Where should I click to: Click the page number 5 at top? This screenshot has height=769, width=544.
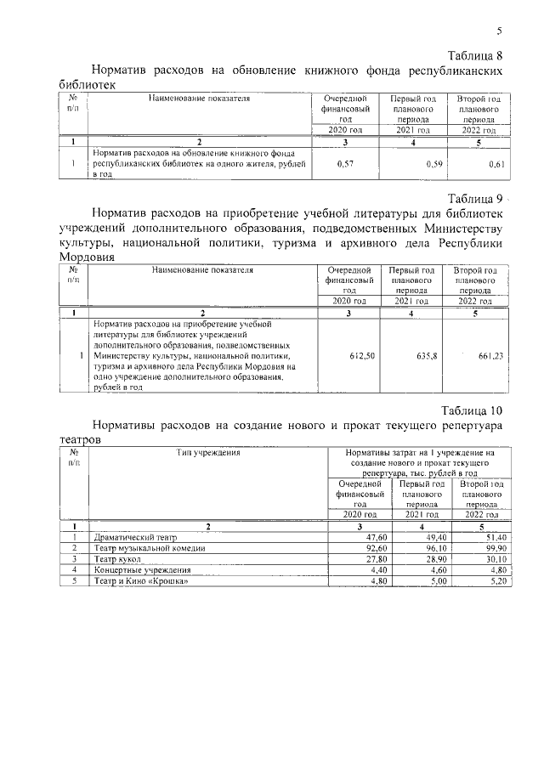point(499,31)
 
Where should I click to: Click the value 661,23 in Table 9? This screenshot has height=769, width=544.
point(490,357)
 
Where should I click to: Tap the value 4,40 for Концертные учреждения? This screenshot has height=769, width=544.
point(378,570)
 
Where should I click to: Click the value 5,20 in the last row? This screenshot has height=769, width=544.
point(496,581)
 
